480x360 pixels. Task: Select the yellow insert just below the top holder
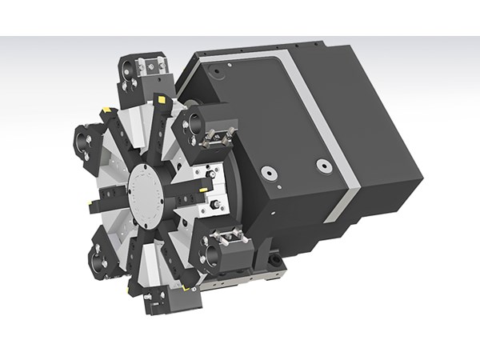(160, 100)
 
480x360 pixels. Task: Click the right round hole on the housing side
(323, 166)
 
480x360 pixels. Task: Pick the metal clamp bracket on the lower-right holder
(231, 238)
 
